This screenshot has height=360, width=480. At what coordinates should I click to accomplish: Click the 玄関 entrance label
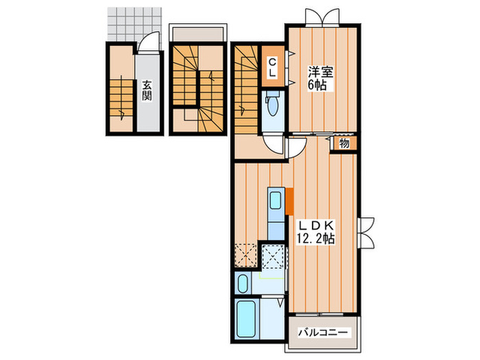147,91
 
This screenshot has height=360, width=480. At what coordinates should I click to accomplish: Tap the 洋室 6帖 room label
320,78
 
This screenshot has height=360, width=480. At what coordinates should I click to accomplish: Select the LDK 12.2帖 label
316,232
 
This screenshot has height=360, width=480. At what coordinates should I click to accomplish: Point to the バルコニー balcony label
323,332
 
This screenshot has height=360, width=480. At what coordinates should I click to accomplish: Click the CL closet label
272,68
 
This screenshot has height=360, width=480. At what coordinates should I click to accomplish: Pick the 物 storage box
344,143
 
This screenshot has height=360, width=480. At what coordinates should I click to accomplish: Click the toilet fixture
272,104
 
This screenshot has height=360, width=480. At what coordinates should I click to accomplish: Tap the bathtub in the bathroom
246,319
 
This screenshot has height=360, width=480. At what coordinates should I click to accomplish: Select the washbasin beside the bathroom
243,283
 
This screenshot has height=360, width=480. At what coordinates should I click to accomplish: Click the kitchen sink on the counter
276,201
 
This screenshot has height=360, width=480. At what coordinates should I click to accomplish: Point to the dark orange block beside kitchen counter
289,202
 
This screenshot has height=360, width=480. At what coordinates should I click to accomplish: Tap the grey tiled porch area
134,24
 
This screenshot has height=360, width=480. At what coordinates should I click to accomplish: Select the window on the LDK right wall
366,232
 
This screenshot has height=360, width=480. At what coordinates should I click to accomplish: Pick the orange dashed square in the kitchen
246,254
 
